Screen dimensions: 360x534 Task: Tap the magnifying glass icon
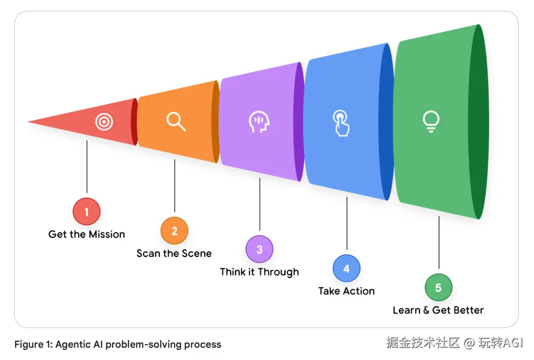(x=176, y=121)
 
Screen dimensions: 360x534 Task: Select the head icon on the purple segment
(x=259, y=122)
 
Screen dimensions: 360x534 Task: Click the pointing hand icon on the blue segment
(x=341, y=123)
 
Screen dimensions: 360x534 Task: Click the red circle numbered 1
(x=87, y=212)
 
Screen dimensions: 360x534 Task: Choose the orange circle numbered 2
(x=174, y=231)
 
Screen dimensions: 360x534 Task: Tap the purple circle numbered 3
(x=259, y=249)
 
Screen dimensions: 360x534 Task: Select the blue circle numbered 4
(x=346, y=269)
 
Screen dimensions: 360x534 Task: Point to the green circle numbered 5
(x=438, y=287)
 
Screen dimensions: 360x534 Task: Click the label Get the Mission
(x=87, y=234)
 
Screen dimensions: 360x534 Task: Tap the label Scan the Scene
(x=174, y=254)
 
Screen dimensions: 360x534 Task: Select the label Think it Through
(x=259, y=272)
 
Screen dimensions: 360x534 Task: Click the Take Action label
(x=346, y=291)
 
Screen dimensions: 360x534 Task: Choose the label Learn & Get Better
(x=438, y=311)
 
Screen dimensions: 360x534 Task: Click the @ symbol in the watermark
(x=469, y=342)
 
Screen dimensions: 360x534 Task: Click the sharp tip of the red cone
(x=29, y=122)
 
